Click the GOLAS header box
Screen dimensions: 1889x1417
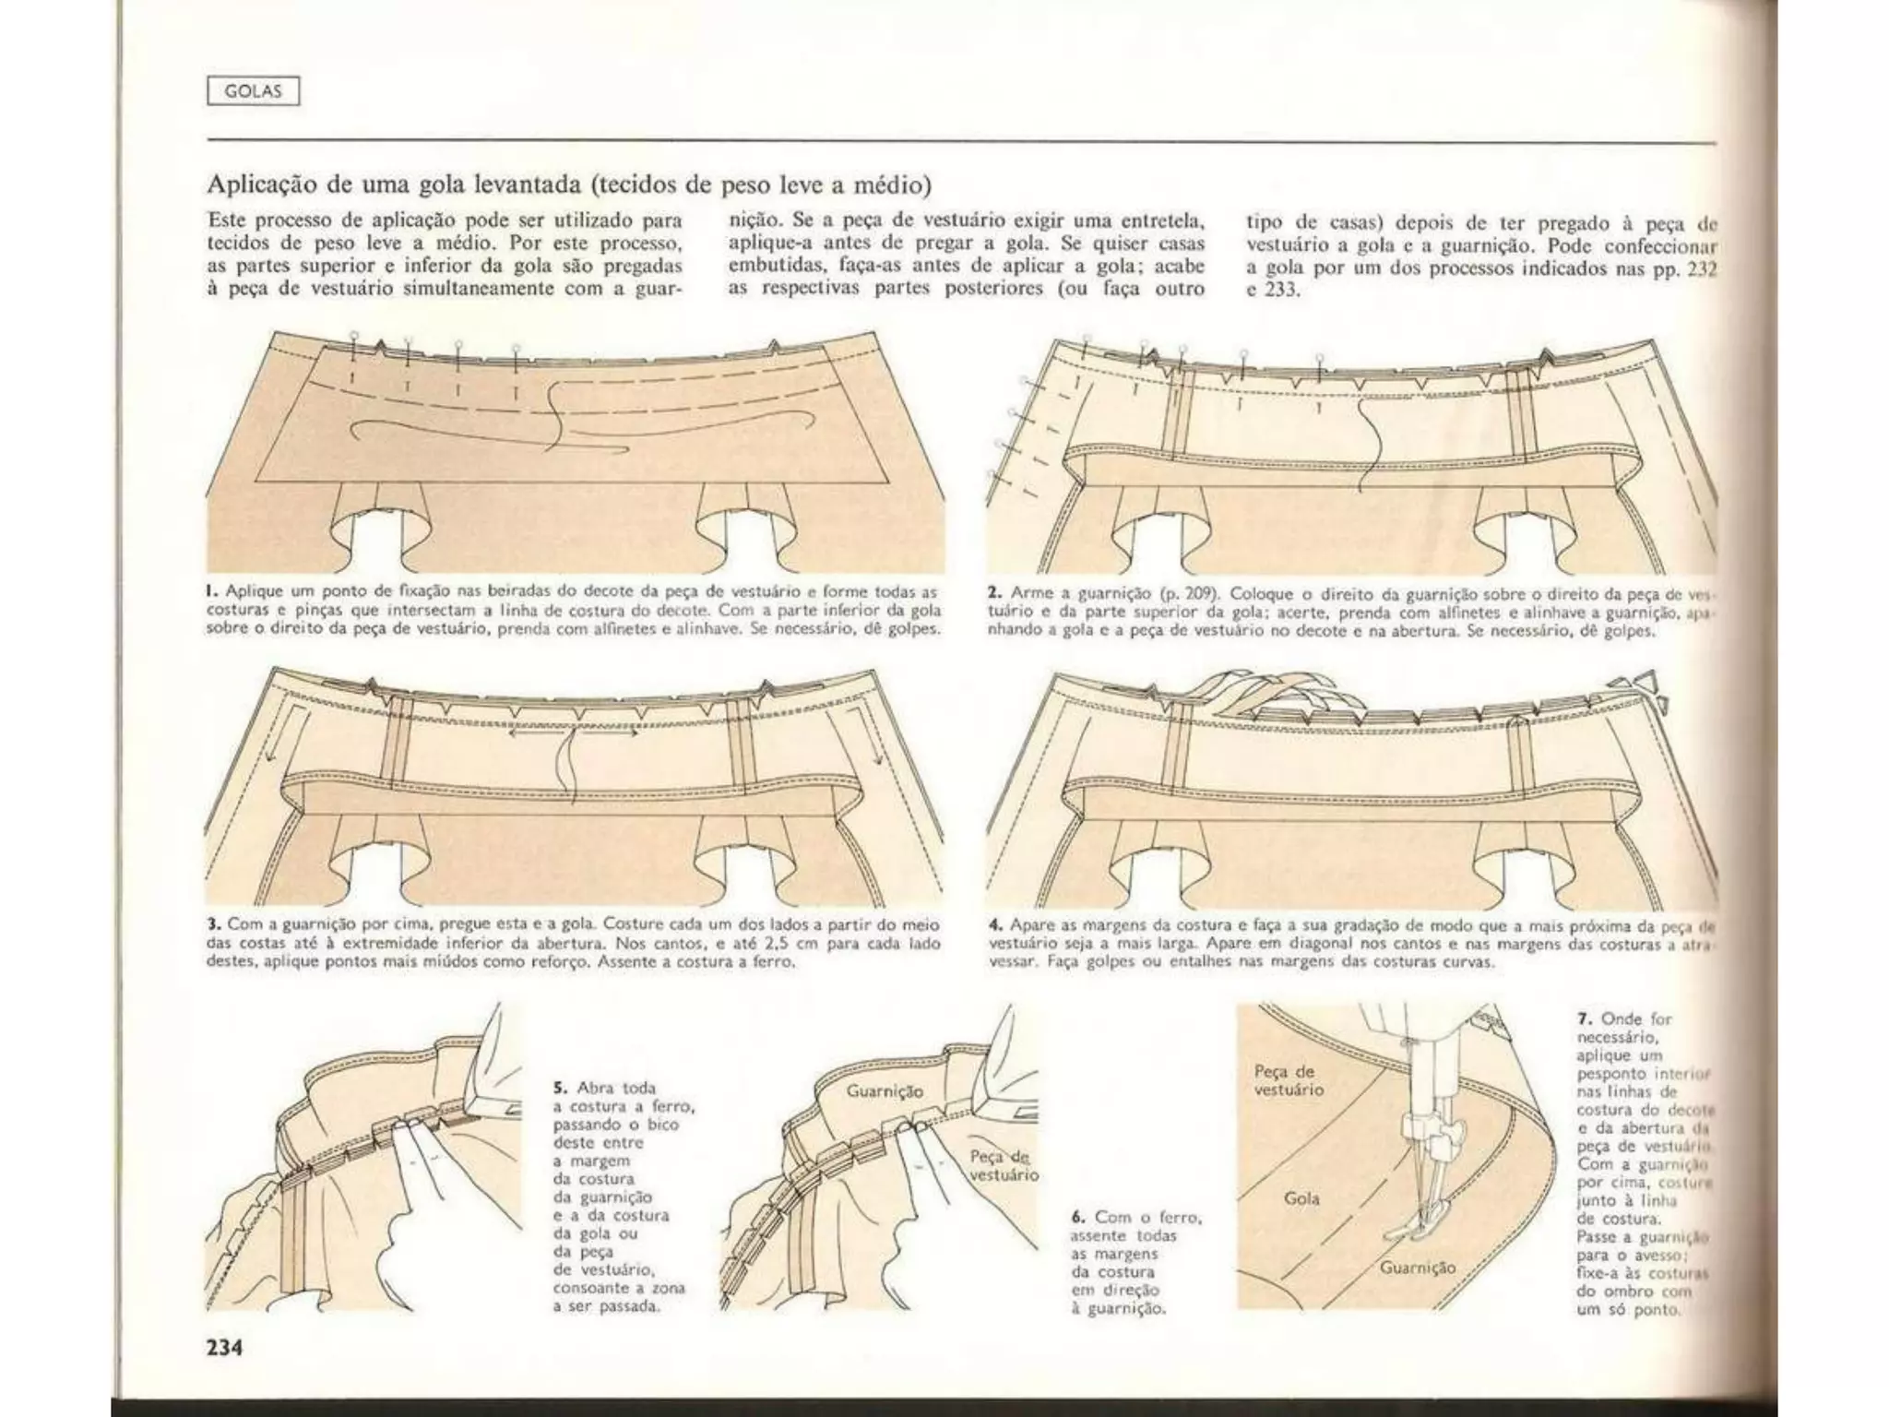tap(253, 91)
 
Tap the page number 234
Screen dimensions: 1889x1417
tap(224, 1348)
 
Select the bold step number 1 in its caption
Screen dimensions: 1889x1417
tap(211, 591)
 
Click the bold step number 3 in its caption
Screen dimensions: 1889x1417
tap(212, 923)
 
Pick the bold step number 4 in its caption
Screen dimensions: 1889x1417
tap(994, 924)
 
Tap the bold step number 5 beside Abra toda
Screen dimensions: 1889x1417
tap(558, 1088)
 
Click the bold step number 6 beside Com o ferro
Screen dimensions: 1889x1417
tap(1075, 1217)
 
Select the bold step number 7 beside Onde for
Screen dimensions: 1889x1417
tap(1584, 1018)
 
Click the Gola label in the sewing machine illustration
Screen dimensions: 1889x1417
tap(1301, 1198)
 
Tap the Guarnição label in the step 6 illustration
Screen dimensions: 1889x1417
tap(884, 1090)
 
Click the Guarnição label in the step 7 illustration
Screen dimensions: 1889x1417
tap(1417, 1268)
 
